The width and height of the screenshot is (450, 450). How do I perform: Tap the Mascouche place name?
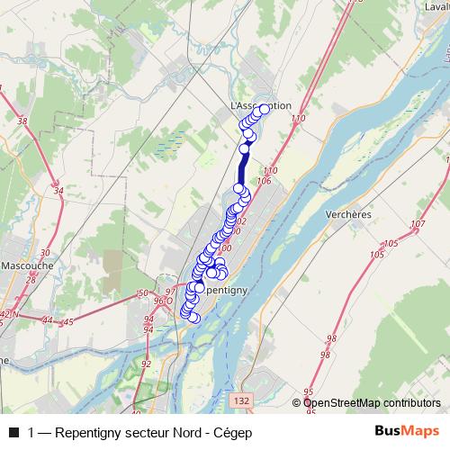(27, 266)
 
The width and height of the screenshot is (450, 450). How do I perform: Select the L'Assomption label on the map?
(262, 105)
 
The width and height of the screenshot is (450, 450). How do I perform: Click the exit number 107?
(416, 223)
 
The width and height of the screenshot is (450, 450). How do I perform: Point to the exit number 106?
(264, 181)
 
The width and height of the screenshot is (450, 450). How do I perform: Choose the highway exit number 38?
(22, 121)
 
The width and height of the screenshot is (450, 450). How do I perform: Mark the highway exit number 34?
(58, 191)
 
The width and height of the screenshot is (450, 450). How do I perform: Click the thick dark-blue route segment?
(242, 166)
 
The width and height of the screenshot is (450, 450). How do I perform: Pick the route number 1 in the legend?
(31, 432)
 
